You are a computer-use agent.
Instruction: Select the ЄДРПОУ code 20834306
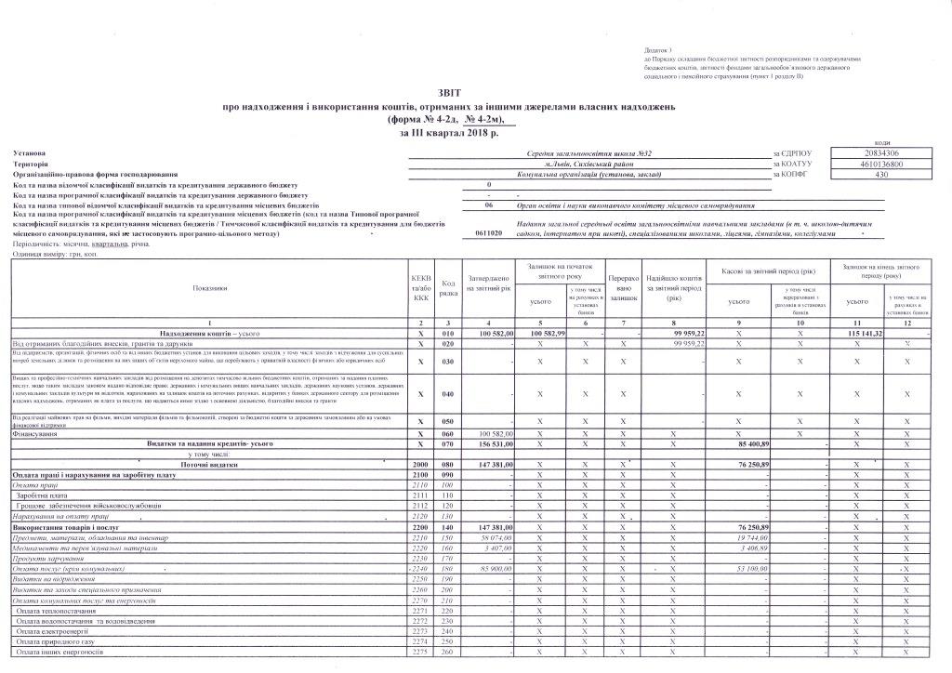tap(868, 152)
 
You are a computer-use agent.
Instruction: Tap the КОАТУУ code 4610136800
tap(868, 164)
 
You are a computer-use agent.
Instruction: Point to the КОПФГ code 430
tap(868, 174)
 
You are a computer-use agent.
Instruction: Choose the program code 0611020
tap(488, 235)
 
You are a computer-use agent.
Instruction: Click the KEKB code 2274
tap(420, 641)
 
